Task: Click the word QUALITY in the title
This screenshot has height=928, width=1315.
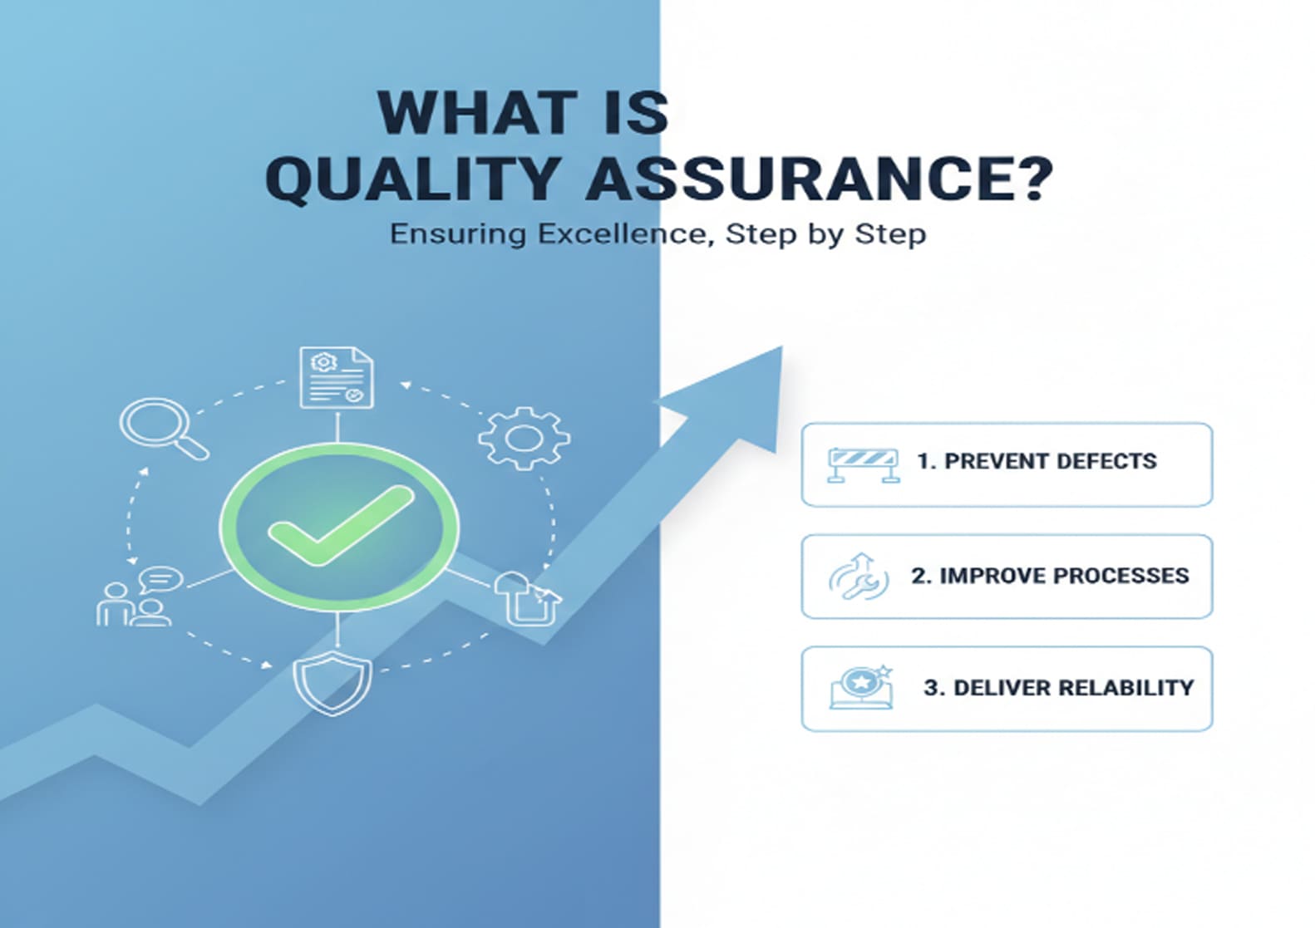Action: point(412,178)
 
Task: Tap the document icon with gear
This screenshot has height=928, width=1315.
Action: point(336,378)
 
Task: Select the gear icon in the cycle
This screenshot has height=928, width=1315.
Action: point(524,438)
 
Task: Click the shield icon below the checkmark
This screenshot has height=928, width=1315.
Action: point(332,683)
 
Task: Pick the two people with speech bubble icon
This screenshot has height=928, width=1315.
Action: point(137,597)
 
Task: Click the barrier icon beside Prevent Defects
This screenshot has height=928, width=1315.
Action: point(863,464)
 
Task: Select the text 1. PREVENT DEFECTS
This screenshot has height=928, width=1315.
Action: point(1037,461)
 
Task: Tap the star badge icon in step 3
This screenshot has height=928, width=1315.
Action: point(862,687)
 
